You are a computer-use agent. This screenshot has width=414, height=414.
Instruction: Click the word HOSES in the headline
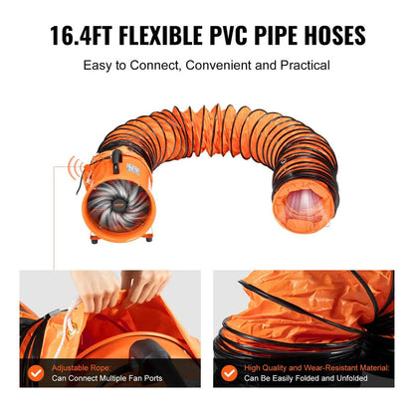334,35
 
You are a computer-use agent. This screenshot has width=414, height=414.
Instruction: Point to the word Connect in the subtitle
154,65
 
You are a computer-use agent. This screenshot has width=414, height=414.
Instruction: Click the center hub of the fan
118,206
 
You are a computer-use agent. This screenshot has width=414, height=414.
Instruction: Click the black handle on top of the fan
116,161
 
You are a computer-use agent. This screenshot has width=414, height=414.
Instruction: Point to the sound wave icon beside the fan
76,168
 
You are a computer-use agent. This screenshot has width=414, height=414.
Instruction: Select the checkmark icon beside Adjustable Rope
36,373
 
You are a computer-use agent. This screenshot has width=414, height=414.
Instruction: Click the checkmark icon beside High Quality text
229,373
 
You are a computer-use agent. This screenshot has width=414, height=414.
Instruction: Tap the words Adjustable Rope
82,368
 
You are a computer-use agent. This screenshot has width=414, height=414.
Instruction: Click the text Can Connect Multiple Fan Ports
106,378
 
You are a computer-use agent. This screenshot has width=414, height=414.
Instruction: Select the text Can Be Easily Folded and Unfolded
306,378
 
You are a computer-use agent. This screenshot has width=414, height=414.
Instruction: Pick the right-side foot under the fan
149,237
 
